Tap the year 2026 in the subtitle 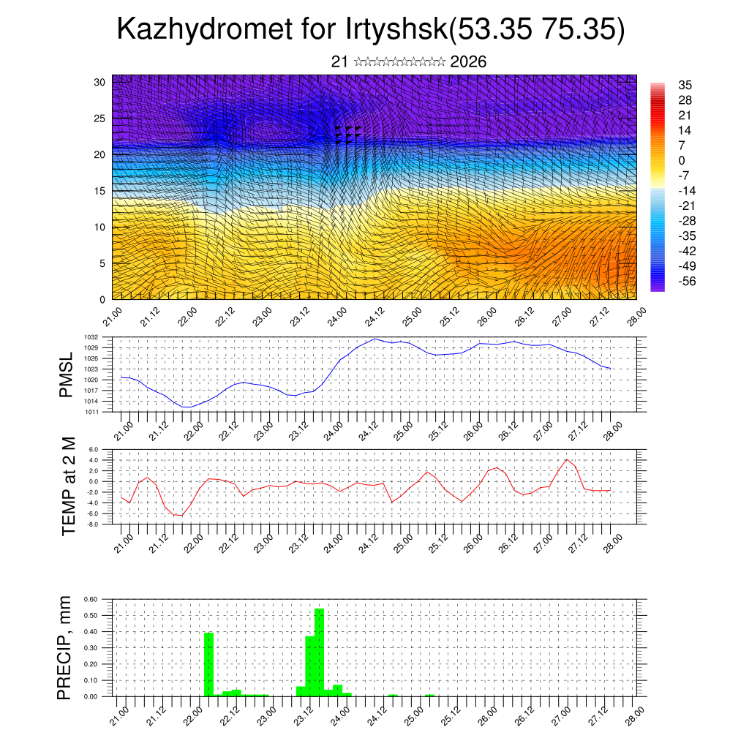point(468,62)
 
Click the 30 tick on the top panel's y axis point(100,81)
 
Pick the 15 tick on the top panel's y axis point(100,191)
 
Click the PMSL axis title point(67,374)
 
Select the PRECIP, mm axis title point(66,647)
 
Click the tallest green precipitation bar point(319,651)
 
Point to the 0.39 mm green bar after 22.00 point(208,664)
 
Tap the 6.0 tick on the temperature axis point(93,450)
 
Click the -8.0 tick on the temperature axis point(92,524)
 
